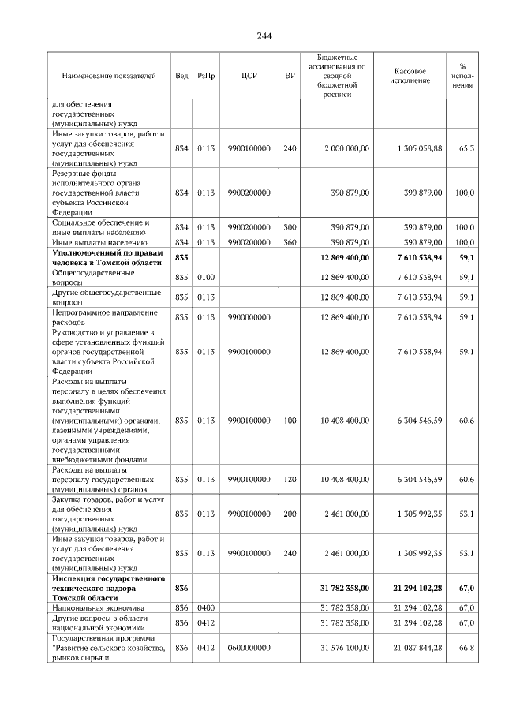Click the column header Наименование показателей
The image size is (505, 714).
point(109,76)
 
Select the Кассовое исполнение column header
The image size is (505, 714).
point(410,76)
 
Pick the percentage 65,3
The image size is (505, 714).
point(466,148)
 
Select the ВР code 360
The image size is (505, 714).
point(290,242)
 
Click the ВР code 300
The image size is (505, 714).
point(290,227)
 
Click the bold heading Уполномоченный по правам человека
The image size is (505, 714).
point(107,257)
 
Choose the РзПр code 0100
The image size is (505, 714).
point(206,278)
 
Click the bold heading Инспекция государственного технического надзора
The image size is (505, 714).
point(107,589)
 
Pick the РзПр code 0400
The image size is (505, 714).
point(206,608)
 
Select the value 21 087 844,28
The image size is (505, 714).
point(416,648)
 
